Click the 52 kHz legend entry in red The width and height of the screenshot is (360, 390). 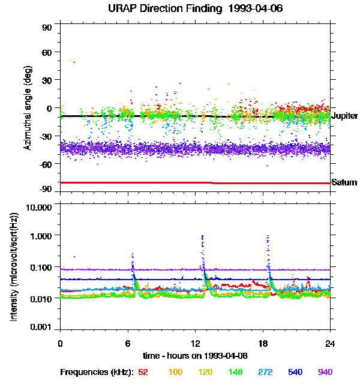(x=143, y=372)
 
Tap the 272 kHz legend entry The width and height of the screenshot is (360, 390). (x=265, y=372)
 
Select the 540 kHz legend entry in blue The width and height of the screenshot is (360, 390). (x=295, y=372)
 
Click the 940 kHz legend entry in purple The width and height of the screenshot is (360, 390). (x=325, y=372)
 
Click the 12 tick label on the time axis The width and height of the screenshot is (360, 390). (x=195, y=343)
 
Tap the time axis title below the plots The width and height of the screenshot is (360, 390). (x=196, y=356)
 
